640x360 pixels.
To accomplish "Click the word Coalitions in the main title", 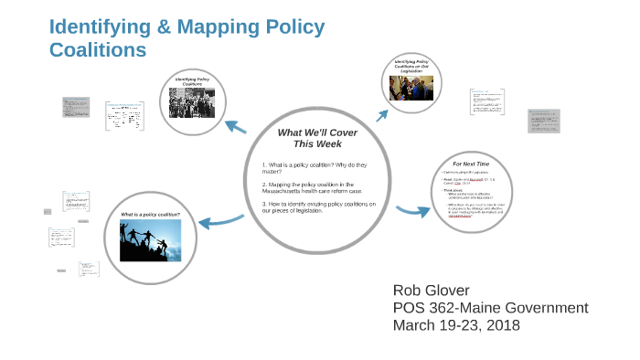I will click(98, 50).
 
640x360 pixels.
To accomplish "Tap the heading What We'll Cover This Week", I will click(317, 138).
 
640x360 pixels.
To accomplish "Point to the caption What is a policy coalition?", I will click(150, 215).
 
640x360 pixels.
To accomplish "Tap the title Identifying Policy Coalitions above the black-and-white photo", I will click(199, 81).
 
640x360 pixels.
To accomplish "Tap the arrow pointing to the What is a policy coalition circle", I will click(220, 220).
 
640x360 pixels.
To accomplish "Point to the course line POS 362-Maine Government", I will click(490, 308).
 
